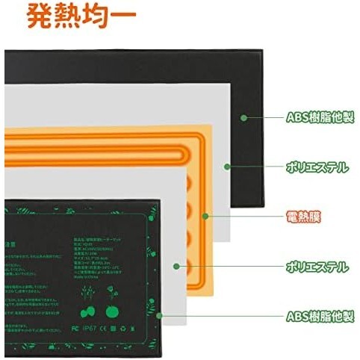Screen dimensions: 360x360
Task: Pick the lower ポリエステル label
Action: [317, 266]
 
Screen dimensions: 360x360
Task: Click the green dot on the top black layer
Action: [244, 117]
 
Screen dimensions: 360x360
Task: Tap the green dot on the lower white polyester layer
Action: [177, 266]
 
